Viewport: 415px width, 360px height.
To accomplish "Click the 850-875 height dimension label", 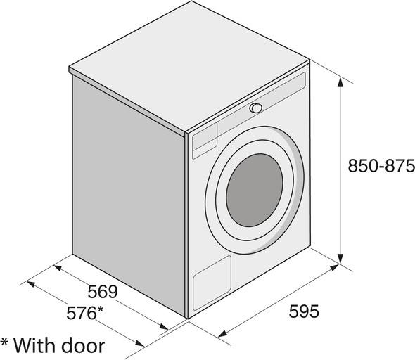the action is tap(381, 166).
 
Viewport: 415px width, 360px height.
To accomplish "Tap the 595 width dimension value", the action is tap(304, 311).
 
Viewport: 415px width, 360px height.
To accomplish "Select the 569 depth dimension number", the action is tap(103, 292).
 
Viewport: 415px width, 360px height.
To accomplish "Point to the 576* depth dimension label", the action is tap(84, 313).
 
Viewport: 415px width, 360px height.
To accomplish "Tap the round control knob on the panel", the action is tap(255, 108).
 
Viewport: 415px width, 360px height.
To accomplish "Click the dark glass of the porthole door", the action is tap(255, 190).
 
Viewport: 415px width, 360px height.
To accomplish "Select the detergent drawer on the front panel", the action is tap(205, 140).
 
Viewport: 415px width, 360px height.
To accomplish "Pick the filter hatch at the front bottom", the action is tap(212, 283).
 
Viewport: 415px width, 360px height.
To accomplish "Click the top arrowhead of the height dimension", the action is tap(340, 83).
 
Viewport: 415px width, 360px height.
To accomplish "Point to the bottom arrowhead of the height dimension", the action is tap(340, 259).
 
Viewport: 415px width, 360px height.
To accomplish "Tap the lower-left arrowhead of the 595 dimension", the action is tap(222, 333).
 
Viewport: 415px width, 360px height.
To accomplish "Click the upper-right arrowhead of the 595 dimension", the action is tap(335, 268).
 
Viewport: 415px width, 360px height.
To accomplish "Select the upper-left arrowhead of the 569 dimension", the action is tap(58, 268).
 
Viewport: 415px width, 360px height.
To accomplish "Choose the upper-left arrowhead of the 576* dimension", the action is tap(31, 284).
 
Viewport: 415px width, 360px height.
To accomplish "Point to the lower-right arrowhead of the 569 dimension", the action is tap(164, 326).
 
